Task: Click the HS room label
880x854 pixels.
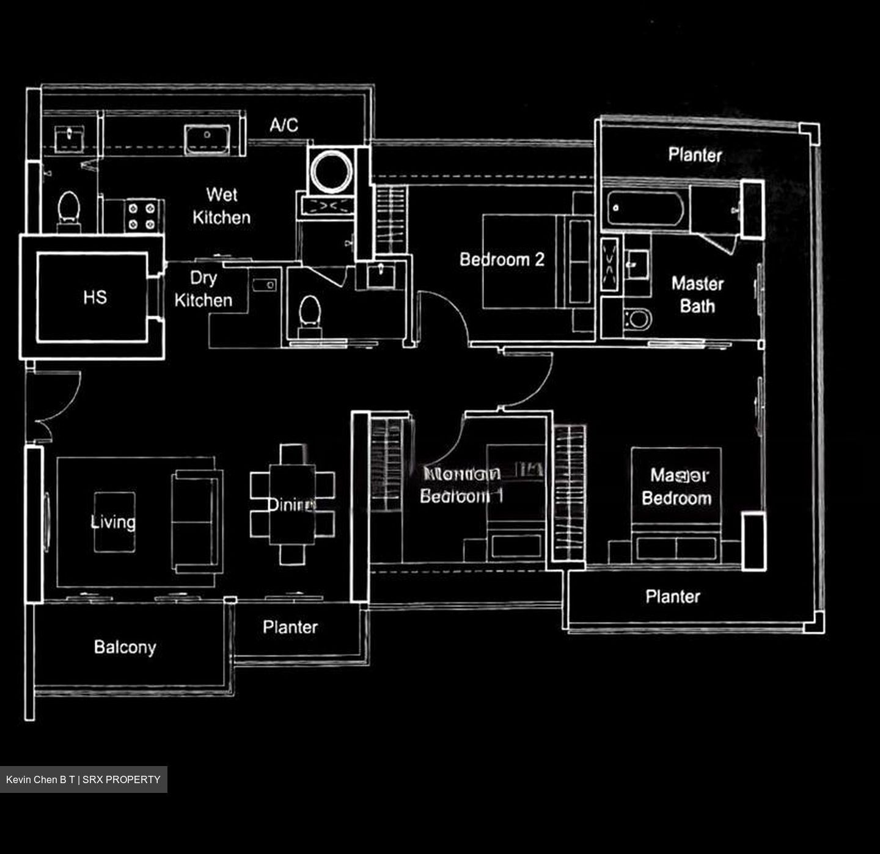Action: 95,297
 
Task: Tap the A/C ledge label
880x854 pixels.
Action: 284,125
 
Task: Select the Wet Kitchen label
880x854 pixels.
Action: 221,206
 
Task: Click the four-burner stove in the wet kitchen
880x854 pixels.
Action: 142,216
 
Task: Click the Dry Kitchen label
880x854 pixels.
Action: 204,289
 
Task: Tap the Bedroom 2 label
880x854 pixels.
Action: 502,260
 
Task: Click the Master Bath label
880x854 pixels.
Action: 697,294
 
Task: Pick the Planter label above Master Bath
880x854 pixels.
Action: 695,155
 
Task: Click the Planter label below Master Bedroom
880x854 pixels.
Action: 673,596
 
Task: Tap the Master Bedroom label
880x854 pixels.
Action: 677,486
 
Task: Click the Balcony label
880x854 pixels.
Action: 125,647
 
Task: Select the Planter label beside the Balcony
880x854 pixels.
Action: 290,627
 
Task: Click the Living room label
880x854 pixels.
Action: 113,522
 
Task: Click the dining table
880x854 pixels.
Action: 292,504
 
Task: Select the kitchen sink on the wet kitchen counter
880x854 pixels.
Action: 208,139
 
